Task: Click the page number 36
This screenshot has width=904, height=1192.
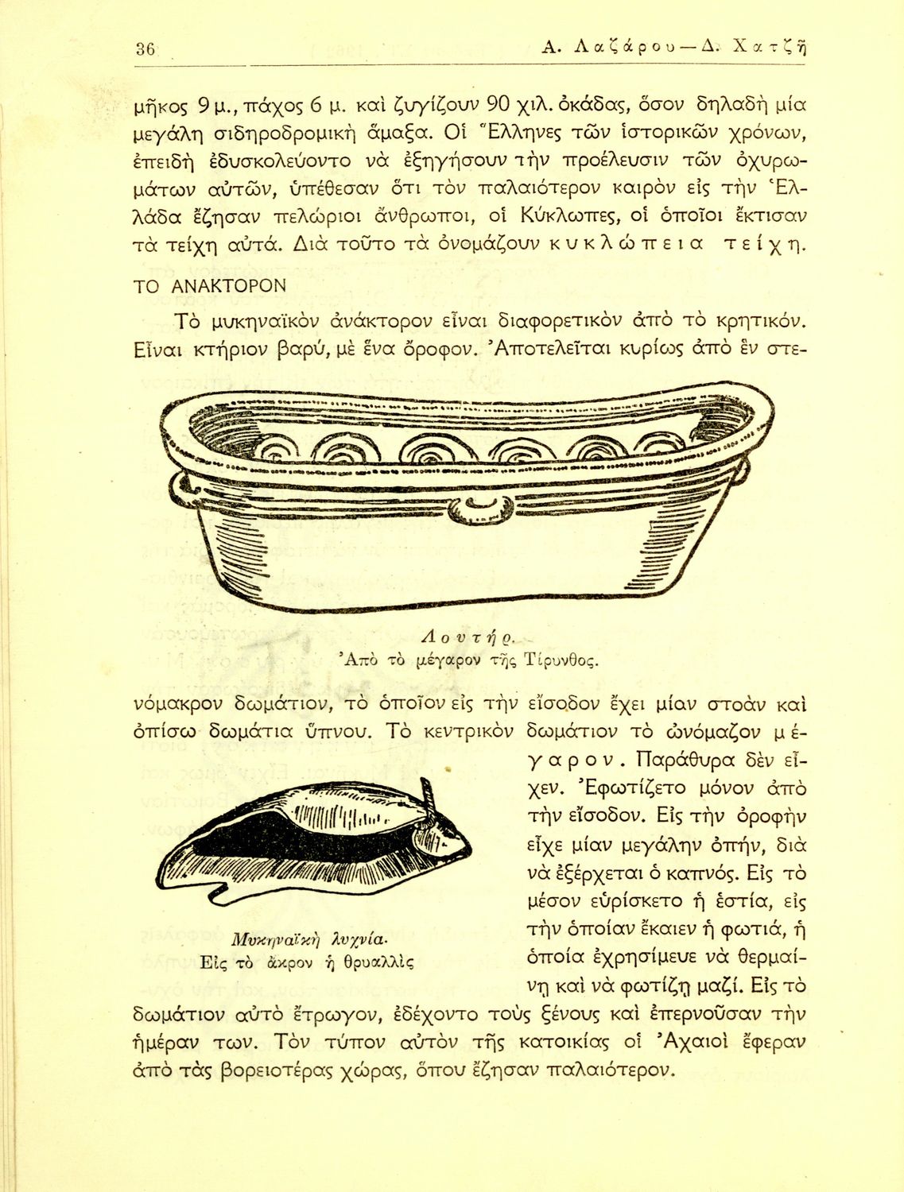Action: click(x=145, y=48)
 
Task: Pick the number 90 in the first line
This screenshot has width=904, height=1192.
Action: click(x=499, y=104)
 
